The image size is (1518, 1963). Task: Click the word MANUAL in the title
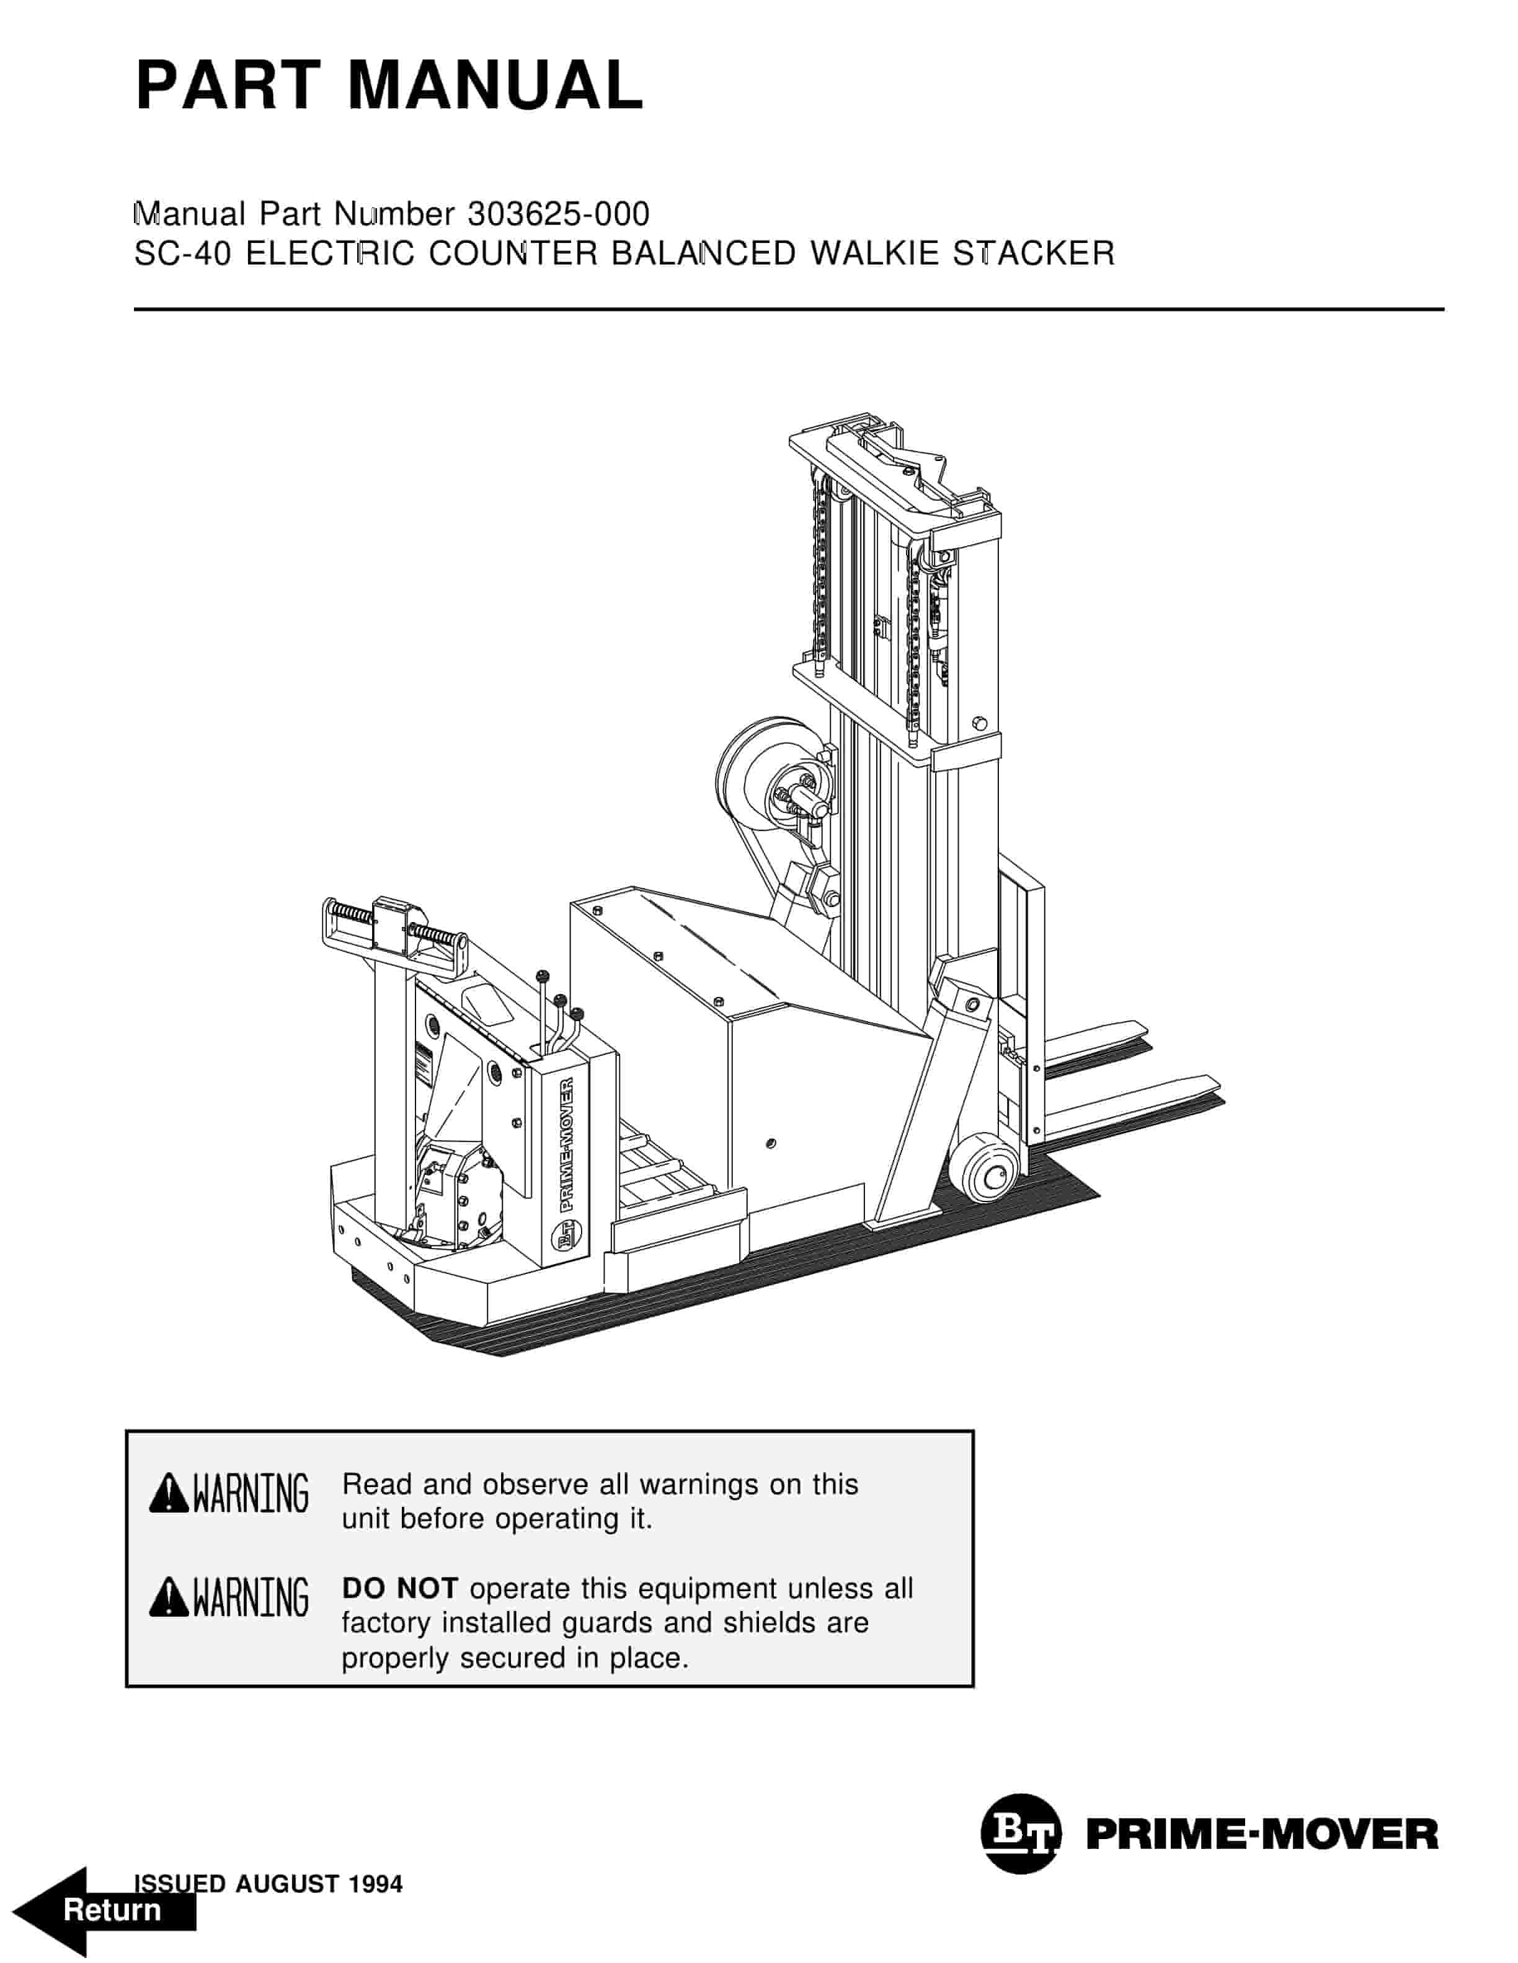click(x=495, y=86)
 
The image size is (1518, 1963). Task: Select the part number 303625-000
click(x=559, y=214)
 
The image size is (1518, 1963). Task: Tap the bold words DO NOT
click(x=399, y=1588)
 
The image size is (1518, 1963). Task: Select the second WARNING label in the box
click(x=250, y=1597)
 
